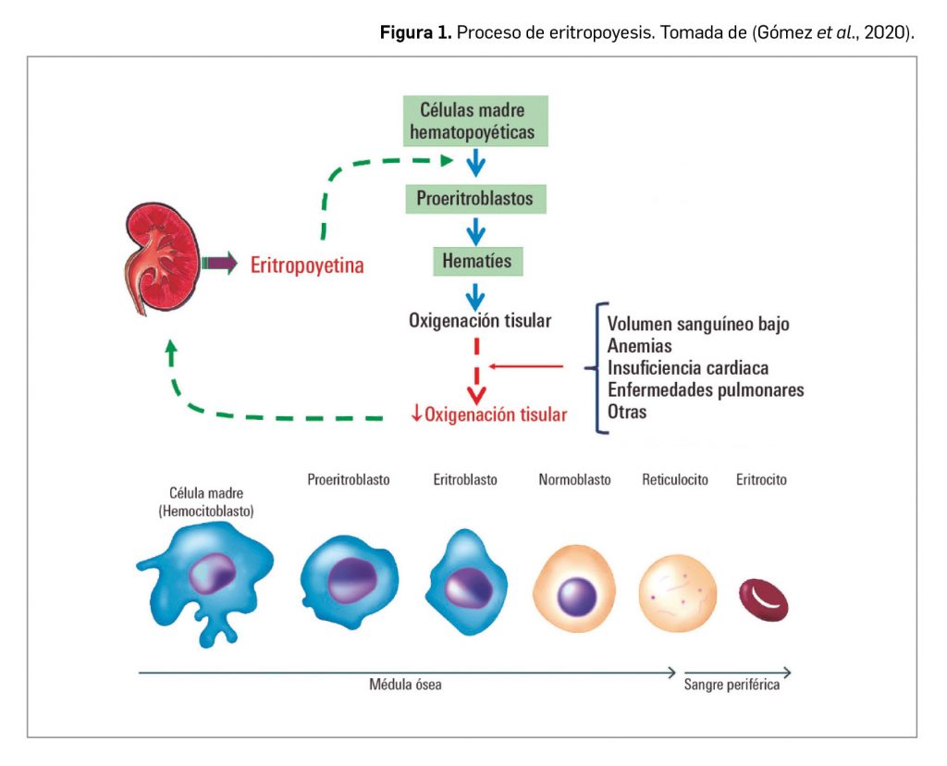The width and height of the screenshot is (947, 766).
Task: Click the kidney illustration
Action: (x=163, y=265)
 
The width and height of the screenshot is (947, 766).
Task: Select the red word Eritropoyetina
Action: (x=307, y=266)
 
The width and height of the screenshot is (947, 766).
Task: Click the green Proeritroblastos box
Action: (x=474, y=198)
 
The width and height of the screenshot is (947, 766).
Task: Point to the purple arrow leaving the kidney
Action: (x=220, y=265)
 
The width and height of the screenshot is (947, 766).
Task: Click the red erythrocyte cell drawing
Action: (x=763, y=599)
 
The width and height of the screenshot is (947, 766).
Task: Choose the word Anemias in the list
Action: (x=640, y=346)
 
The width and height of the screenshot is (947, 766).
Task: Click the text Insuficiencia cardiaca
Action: (x=688, y=368)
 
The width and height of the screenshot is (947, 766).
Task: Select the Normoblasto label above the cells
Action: (x=574, y=480)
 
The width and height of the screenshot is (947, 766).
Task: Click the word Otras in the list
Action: (x=628, y=412)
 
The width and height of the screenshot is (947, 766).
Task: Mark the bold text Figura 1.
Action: (x=416, y=33)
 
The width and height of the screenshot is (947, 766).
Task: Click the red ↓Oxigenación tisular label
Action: (x=489, y=414)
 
